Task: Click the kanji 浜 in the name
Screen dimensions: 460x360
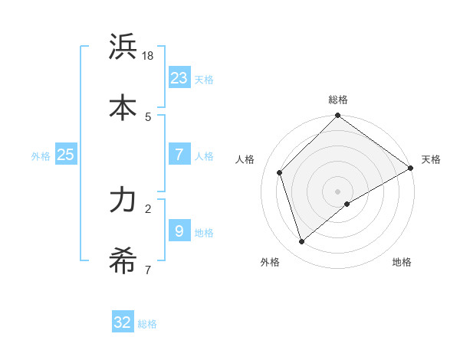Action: tap(123, 47)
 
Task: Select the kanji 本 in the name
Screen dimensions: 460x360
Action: tap(123, 108)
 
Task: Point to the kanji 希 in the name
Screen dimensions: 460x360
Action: tap(123, 261)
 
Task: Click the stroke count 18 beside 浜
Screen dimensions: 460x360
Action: tap(149, 56)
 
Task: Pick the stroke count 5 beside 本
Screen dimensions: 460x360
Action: tap(148, 116)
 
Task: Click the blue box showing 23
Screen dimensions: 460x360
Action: tap(179, 77)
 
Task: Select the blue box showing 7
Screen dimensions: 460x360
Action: tap(179, 154)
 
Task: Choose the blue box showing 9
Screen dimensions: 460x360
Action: tap(179, 231)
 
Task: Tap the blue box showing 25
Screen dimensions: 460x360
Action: tap(65, 154)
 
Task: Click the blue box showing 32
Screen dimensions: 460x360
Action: tap(123, 322)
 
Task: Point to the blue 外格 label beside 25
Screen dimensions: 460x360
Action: tap(41, 156)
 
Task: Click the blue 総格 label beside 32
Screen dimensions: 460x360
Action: tap(147, 325)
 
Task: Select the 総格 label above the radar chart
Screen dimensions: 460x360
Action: tap(338, 100)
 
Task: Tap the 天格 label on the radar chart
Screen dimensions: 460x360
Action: tap(431, 159)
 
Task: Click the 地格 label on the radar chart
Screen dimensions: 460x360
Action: tap(402, 262)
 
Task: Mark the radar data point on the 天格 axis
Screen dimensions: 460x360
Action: tap(410, 169)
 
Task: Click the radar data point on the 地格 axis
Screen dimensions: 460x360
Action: tap(347, 204)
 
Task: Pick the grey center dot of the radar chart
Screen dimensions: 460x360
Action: tap(338, 191)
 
